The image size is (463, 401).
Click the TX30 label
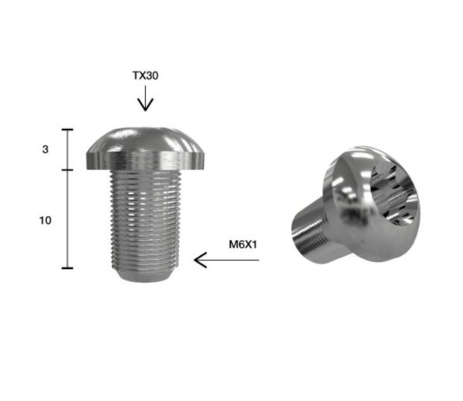click(145, 76)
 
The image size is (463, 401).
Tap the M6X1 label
click(243, 244)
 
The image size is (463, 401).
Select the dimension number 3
click(46, 150)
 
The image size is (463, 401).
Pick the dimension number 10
click(46, 221)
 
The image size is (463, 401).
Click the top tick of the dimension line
click(67, 130)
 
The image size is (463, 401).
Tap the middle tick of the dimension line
click(67, 170)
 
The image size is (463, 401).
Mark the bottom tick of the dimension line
click(67, 268)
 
